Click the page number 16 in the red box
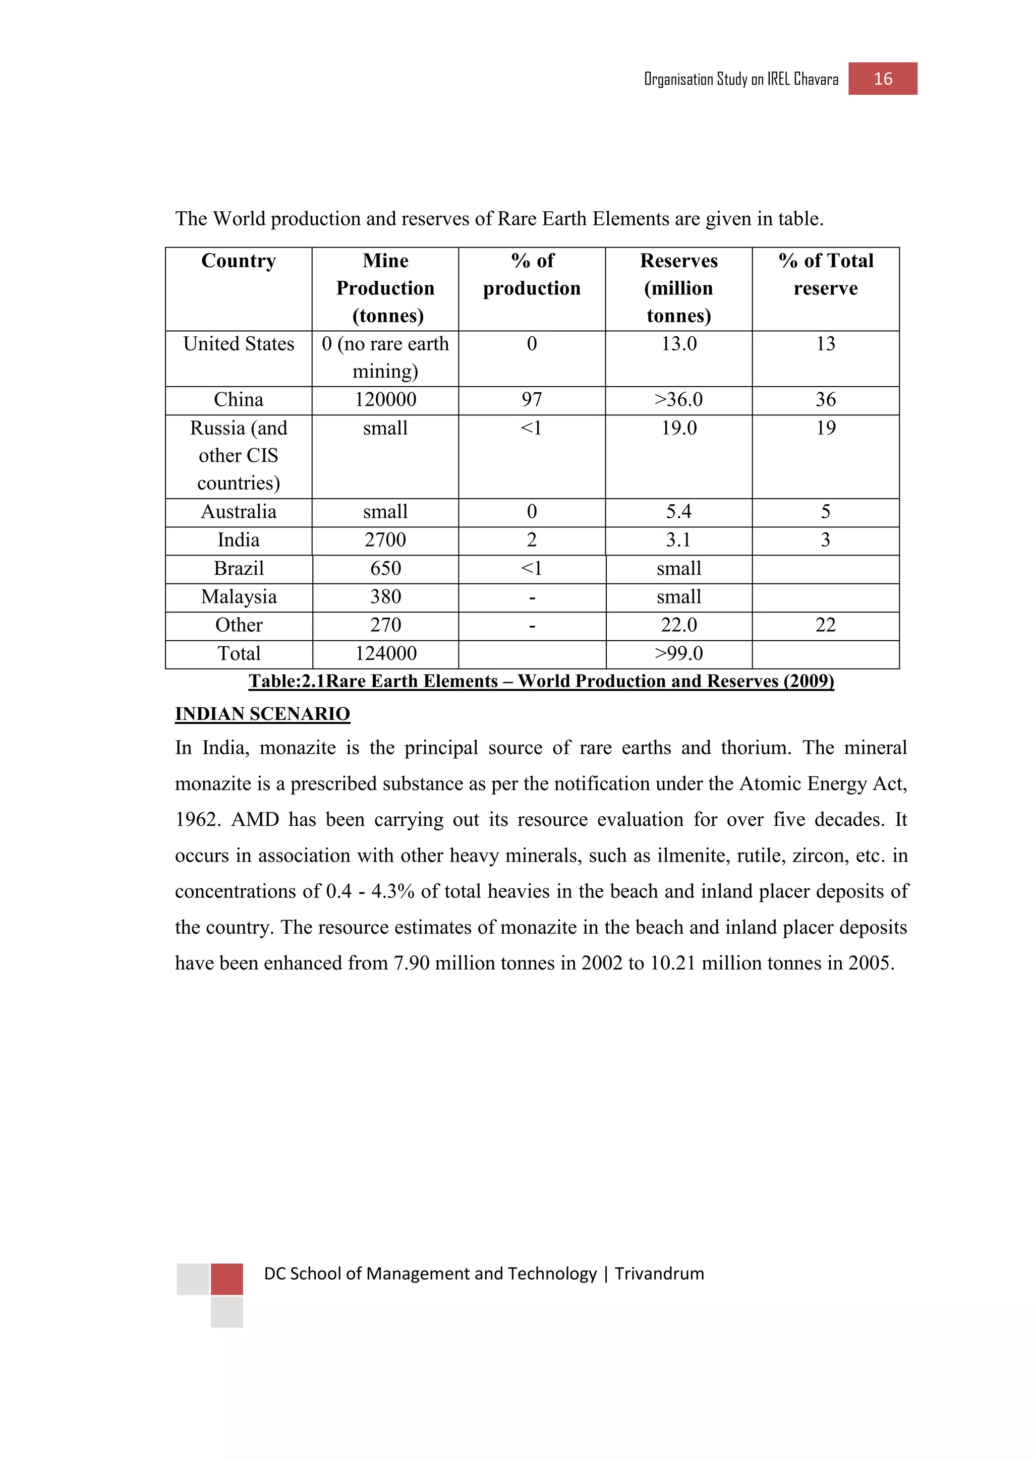[x=882, y=79]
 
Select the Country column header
[x=239, y=261]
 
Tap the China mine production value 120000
[x=385, y=399]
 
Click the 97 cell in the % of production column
[x=532, y=399]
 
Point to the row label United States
[x=239, y=344]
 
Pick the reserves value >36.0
[x=679, y=399]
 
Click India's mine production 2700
[x=385, y=540]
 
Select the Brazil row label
[x=239, y=568]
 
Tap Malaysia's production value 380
[x=385, y=596]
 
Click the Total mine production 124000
[x=385, y=653]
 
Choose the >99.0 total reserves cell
[x=679, y=653]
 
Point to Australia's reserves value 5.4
[x=679, y=511]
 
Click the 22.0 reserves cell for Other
[x=679, y=625]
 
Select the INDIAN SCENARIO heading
[x=262, y=714]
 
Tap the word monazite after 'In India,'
[x=297, y=748]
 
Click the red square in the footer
[x=226, y=1279]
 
